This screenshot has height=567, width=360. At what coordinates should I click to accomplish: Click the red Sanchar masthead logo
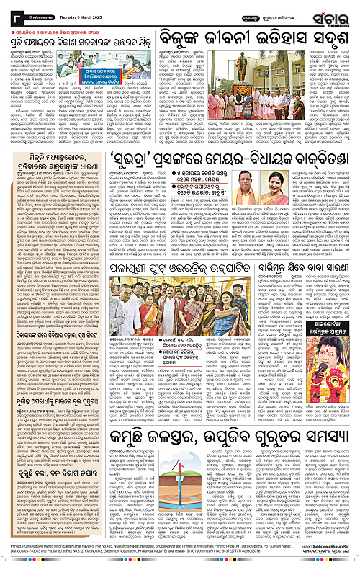pos(332,13)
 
